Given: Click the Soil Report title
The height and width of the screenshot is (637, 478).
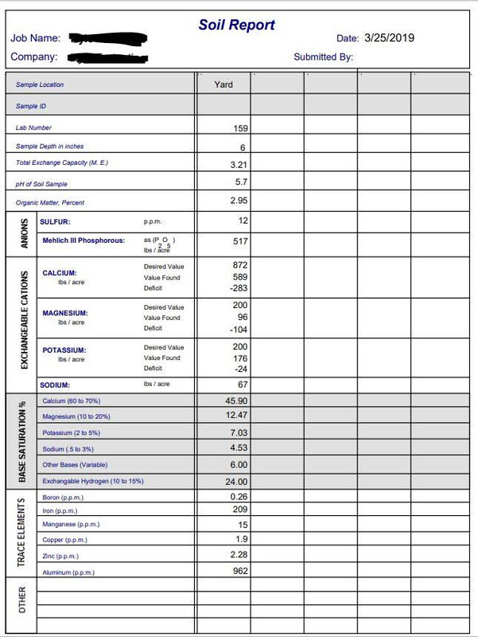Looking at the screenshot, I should click(x=236, y=25).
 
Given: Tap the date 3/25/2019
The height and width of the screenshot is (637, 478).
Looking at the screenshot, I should click(x=389, y=37).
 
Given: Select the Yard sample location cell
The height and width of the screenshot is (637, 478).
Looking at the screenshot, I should click(x=223, y=84).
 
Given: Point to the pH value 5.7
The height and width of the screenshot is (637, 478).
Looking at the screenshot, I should click(x=241, y=182).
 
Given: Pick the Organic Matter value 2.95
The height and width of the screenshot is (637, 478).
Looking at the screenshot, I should click(x=239, y=201).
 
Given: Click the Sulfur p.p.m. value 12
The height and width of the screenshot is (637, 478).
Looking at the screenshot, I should click(x=243, y=221).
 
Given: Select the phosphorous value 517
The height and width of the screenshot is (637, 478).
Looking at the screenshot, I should click(x=240, y=241).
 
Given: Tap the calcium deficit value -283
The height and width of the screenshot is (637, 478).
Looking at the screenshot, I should click(x=239, y=288).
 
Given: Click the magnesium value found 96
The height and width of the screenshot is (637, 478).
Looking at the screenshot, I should click(x=243, y=318).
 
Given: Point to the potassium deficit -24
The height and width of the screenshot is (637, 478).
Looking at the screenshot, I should click(x=240, y=369).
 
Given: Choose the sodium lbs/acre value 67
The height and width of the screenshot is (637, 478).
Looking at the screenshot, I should click(x=243, y=385).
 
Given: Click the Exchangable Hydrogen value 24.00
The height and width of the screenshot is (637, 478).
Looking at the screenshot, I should click(x=237, y=482).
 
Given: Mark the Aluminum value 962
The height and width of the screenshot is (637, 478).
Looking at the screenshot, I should click(x=240, y=571).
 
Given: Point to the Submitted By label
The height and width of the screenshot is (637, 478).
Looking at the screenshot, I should click(x=323, y=57).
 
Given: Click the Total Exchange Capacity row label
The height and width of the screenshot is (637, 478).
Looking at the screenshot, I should click(x=61, y=163).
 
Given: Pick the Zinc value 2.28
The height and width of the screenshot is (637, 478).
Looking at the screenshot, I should click(x=239, y=554).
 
